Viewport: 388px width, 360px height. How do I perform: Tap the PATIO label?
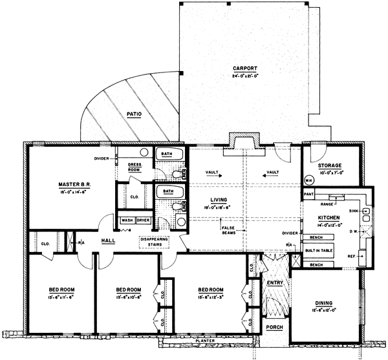coord(134,114)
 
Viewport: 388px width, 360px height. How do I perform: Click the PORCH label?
coord(274,328)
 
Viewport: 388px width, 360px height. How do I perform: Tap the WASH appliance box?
coord(127,220)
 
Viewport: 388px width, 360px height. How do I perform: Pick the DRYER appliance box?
coord(142,220)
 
